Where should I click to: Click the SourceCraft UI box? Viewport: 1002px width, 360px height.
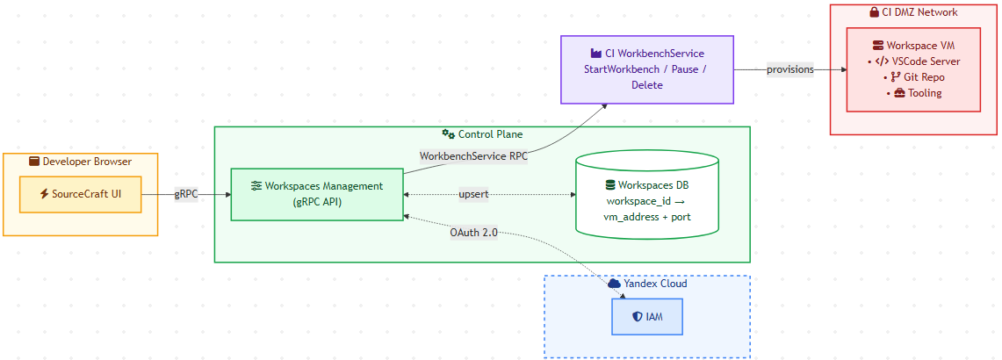coord(80,194)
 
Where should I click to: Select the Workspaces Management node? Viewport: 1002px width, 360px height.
coord(317,194)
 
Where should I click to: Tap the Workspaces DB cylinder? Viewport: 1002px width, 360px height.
coord(646,194)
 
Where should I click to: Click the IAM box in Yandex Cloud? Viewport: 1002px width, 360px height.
coord(646,316)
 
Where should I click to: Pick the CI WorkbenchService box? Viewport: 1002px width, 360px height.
coord(646,69)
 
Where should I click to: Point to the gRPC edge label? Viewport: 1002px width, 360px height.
coord(186,195)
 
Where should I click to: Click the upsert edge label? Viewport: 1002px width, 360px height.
coord(473,194)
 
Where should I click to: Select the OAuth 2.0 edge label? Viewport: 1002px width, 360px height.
coord(473,233)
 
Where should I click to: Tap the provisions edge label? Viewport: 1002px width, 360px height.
coord(790,69)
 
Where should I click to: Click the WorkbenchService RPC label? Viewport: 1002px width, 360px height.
coord(473,155)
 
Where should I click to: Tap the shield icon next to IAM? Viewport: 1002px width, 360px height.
coord(637,316)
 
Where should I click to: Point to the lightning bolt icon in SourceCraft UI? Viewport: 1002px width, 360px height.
coord(44,194)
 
